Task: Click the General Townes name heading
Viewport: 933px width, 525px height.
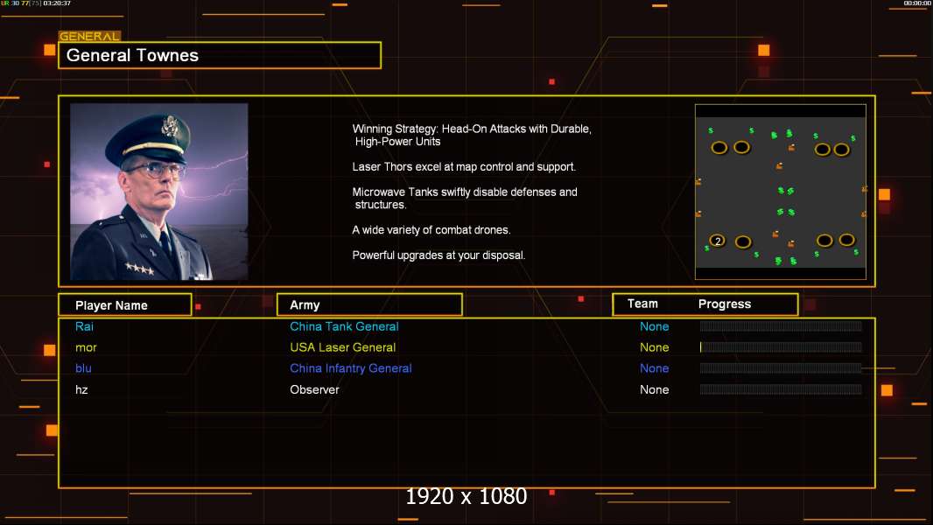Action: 132,55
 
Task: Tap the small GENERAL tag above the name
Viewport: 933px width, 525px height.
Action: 89,36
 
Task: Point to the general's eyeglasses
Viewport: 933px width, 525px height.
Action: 156,171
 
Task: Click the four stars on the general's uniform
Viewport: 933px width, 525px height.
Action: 139,268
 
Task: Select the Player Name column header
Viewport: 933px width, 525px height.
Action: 111,305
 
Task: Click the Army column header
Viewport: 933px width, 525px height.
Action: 305,305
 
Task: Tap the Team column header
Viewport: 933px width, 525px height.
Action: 642,304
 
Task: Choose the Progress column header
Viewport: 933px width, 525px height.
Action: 724,304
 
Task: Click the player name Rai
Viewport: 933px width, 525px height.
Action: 85,326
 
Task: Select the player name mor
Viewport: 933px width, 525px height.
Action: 86,348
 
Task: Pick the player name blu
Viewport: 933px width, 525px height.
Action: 83,368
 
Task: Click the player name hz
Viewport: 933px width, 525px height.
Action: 81,390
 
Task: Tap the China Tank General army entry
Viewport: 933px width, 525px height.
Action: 344,326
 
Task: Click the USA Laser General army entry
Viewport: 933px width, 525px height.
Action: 343,347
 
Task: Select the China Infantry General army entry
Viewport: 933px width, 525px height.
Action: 350,368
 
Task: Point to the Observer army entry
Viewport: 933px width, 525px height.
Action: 314,390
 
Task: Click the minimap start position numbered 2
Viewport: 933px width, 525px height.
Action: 718,241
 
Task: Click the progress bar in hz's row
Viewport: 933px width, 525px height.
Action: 781,389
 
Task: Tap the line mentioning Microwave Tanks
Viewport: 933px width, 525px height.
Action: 465,198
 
